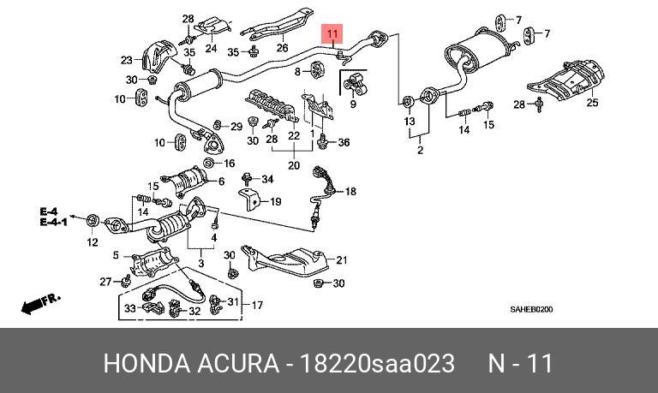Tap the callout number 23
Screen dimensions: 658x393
pos(127,60)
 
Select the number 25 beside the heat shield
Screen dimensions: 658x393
pos(591,104)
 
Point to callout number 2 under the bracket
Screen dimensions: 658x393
pos(421,151)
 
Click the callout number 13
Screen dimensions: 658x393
pos(410,122)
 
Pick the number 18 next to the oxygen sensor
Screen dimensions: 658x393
pos(350,193)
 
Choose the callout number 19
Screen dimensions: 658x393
pos(275,202)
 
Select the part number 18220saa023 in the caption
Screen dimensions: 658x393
pos(376,364)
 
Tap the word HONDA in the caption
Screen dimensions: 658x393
pos(146,364)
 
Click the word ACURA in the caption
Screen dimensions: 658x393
pos(236,364)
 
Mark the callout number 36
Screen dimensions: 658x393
pos(344,142)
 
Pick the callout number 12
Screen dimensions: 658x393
pos(92,243)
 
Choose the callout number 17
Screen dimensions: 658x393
pos(256,305)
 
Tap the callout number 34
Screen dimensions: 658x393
pos(266,179)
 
